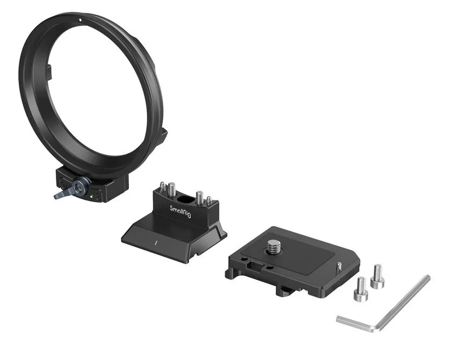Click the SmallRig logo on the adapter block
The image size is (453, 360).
[180, 212]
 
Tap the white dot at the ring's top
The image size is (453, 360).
[80, 20]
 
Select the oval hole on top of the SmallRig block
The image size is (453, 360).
[182, 199]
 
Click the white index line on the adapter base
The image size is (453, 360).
[156, 242]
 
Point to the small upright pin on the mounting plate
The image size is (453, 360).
[339, 266]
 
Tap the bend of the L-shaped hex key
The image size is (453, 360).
[377, 328]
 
